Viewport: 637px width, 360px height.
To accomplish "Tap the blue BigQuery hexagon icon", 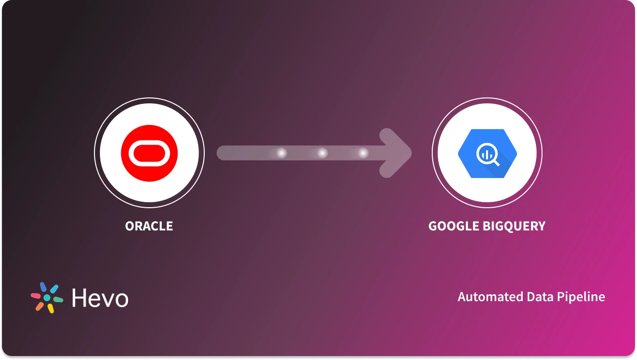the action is tap(487, 153).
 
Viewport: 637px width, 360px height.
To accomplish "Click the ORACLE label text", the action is tap(149, 226).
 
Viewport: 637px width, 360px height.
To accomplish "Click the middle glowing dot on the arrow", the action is tap(322, 153).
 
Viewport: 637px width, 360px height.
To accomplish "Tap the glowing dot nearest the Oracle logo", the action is tap(281, 153).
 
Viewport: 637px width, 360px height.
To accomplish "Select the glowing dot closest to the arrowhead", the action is tap(364, 153).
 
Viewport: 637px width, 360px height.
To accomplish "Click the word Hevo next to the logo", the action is tap(100, 298).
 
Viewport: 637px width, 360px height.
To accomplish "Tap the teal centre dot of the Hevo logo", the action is tap(47, 298).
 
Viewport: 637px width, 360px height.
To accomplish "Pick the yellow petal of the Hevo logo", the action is tap(50, 308).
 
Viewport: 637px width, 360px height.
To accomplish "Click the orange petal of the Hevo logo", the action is tap(40, 306).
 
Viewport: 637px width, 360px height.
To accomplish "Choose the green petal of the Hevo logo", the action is tap(58, 300).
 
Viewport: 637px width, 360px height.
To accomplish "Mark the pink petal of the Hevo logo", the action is tap(36, 296).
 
